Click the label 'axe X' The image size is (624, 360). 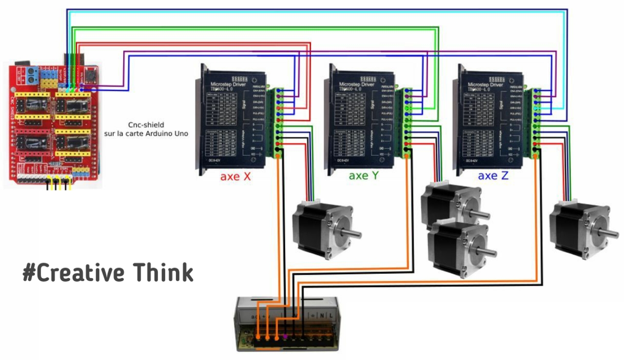click(x=235, y=176)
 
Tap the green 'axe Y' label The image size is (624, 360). click(x=363, y=176)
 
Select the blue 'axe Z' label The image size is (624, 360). click(x=493, y=175)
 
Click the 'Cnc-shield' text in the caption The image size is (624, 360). click(x=146, y=125)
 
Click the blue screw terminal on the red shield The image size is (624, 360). click(x=32, y=75)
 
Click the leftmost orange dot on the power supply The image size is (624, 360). click(x=258, y=336)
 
